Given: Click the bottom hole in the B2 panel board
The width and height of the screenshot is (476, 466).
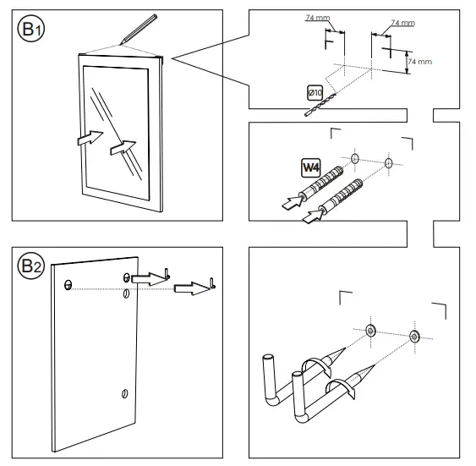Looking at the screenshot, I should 124,393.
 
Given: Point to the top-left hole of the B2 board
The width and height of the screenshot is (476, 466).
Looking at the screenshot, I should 67,282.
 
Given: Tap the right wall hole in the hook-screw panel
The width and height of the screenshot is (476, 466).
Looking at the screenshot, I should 413,336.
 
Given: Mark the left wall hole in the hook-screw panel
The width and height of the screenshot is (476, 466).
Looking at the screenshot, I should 369,329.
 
